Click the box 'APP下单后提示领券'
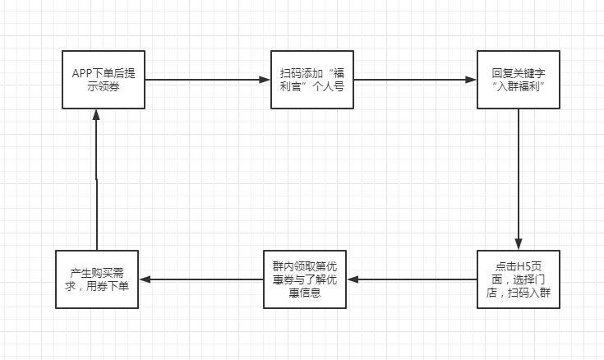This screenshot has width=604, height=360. click(104, 79)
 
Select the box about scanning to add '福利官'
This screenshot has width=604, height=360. click(311, 79)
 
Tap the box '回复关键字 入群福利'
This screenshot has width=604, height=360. click(519, 79)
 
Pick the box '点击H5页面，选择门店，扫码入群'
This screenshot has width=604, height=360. click(519, 279)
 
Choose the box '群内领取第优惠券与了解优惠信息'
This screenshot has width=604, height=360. click(304, 279)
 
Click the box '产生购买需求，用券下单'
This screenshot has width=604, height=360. click(97, 279)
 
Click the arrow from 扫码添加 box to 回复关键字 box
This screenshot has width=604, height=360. click(415, 80)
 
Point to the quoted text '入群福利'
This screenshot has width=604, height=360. click(519, 86)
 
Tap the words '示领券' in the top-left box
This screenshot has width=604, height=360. click(104, 86)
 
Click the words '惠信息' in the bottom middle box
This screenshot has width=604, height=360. click(304, 292)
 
